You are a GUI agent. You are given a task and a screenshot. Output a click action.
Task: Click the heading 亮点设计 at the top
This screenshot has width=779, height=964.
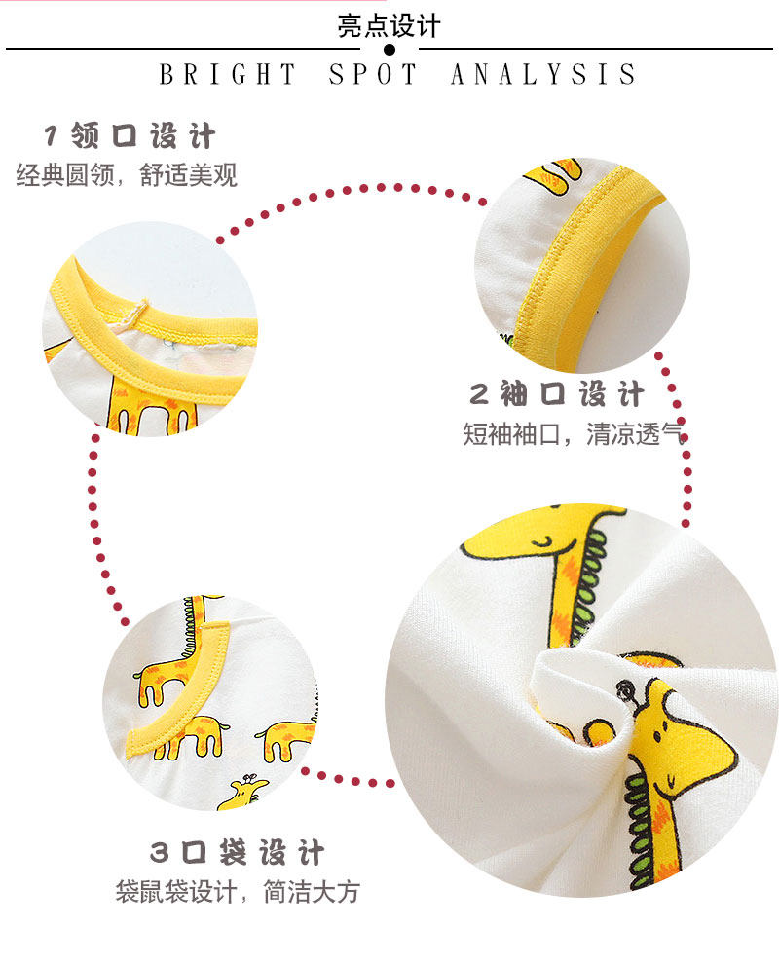coord(389,24)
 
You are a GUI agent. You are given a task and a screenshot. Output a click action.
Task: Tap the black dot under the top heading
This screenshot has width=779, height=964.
coord(389,49)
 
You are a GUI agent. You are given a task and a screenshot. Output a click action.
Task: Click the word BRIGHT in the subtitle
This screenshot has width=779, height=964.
coord(228,75)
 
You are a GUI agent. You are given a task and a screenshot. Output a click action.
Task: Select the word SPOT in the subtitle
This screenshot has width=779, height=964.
coord(374,75)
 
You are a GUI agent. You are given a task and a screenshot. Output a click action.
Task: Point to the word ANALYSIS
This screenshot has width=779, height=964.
coord(543,75)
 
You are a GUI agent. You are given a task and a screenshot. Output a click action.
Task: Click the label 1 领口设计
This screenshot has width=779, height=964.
coord(129,135)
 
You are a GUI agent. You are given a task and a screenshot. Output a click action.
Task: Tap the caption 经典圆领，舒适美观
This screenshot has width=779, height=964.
coord(127,176)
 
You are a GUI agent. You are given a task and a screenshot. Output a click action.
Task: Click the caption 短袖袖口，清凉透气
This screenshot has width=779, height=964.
coord(575,434)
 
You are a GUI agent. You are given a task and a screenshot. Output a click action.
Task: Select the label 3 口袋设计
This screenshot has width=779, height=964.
coord(237,853)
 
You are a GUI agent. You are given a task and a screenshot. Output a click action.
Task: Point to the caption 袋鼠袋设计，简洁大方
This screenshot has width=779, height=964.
coord(237,891)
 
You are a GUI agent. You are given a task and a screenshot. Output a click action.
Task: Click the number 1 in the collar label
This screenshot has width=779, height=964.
coord(53,135)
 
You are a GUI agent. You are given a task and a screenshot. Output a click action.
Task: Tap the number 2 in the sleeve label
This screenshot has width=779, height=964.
coord(478,394)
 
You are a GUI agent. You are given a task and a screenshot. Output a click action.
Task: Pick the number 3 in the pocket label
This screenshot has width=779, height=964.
coord(159,854)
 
